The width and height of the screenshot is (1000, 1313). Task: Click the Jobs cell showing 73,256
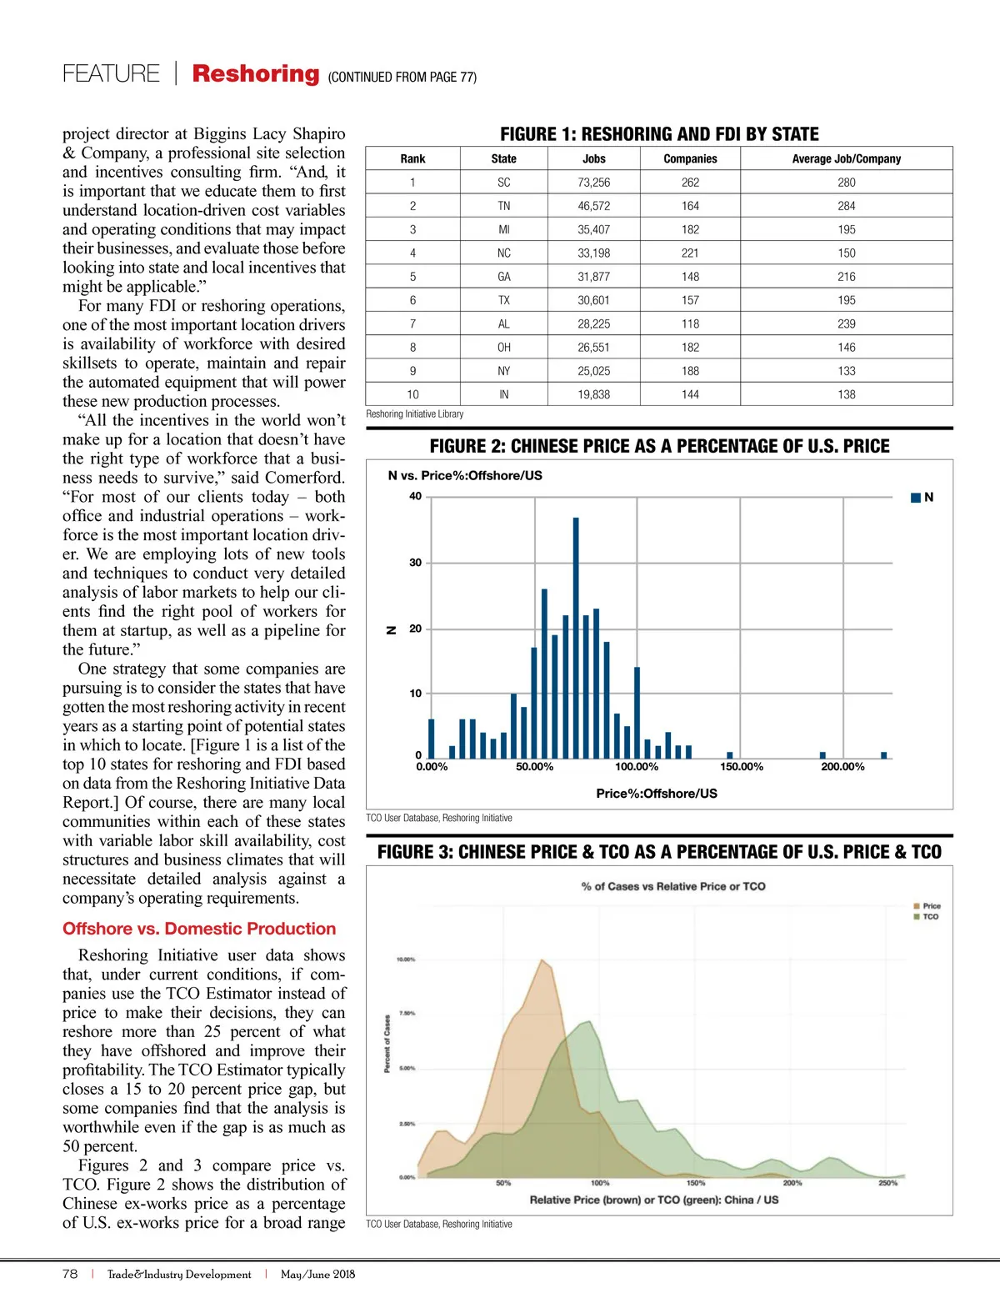(x=593, y=183)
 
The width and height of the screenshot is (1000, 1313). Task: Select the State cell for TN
(x=503, y=206)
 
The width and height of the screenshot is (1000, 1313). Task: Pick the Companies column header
(x=690, y=158)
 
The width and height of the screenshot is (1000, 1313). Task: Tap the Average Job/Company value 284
(x=846, y=206)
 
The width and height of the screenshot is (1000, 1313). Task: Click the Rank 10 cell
(x=412, y=394)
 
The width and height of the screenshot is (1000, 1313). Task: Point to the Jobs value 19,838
(x=593, y=394)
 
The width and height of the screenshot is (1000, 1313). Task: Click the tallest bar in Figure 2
(x=576, y=638)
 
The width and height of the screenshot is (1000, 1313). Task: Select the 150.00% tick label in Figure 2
(x=741, y=767)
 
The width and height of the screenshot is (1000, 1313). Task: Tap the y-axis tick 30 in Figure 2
(x=415, y=563)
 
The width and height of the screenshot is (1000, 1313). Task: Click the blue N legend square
(x=916, y=498)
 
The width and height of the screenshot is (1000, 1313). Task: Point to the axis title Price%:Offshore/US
(x=657, y=794)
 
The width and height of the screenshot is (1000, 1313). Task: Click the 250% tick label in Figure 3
(x=887, y=1183)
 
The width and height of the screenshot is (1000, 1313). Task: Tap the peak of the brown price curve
(x=542, y=960)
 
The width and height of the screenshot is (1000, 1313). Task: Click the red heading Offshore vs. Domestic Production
(x=199, y=929)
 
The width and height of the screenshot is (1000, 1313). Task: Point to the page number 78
(x=70, y=1274)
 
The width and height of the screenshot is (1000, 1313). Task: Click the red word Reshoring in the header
(x=256, y=73)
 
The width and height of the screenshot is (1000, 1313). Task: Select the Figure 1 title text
(x=659, y=134)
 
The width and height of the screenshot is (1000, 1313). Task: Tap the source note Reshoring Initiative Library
(x=415, y=414)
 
